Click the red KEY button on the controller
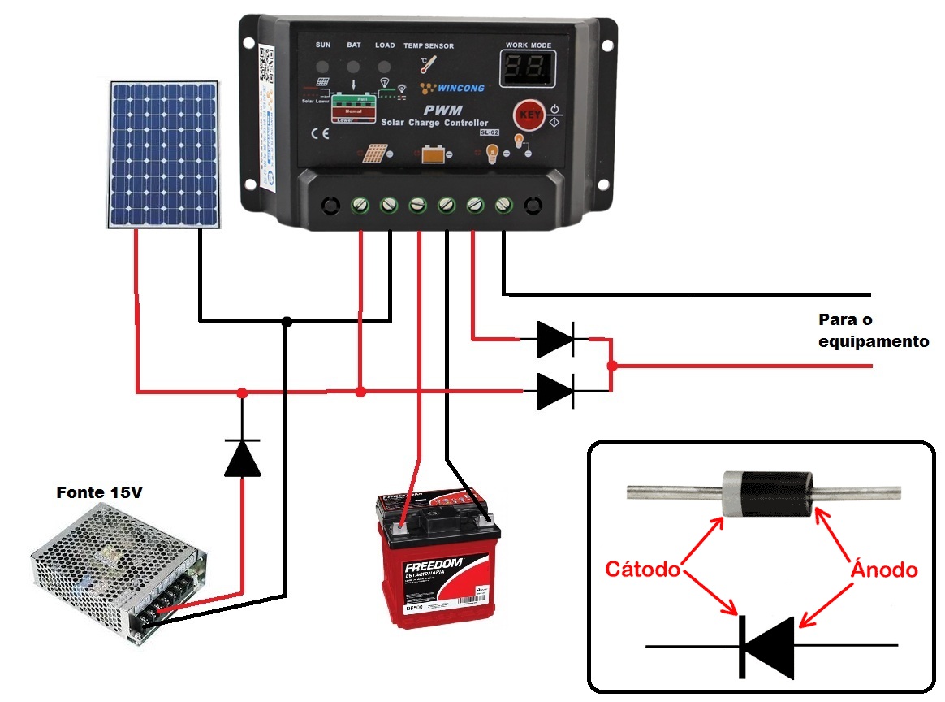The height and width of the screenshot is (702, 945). (529, 115)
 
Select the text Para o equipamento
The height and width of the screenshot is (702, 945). (872, 330)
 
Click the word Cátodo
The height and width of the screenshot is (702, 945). (642, 570)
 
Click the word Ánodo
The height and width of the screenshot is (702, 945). (884, 570)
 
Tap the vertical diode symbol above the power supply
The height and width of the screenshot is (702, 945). (242, 457)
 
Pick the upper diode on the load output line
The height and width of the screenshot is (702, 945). (556, 339)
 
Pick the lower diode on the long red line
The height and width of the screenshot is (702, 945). (556, 391)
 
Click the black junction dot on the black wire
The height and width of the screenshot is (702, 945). (286, 322)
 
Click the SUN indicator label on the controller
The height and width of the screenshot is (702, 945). (322, 45)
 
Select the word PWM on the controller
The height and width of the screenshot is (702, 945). (442, 109)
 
